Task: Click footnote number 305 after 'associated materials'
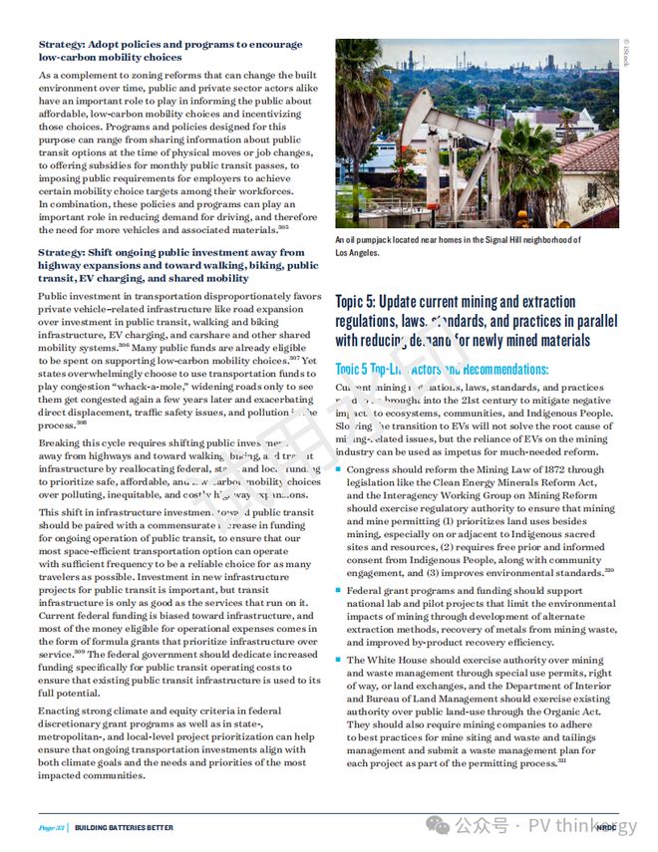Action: pos(283,228)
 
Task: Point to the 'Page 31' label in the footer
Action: pos(53,827)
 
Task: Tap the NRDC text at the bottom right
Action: pos(605,827)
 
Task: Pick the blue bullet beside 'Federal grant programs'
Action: pos(339,591)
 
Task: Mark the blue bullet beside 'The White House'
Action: pos(339,661)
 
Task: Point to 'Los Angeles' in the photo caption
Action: pos(358,253)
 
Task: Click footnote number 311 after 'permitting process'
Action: pos(562,761)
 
